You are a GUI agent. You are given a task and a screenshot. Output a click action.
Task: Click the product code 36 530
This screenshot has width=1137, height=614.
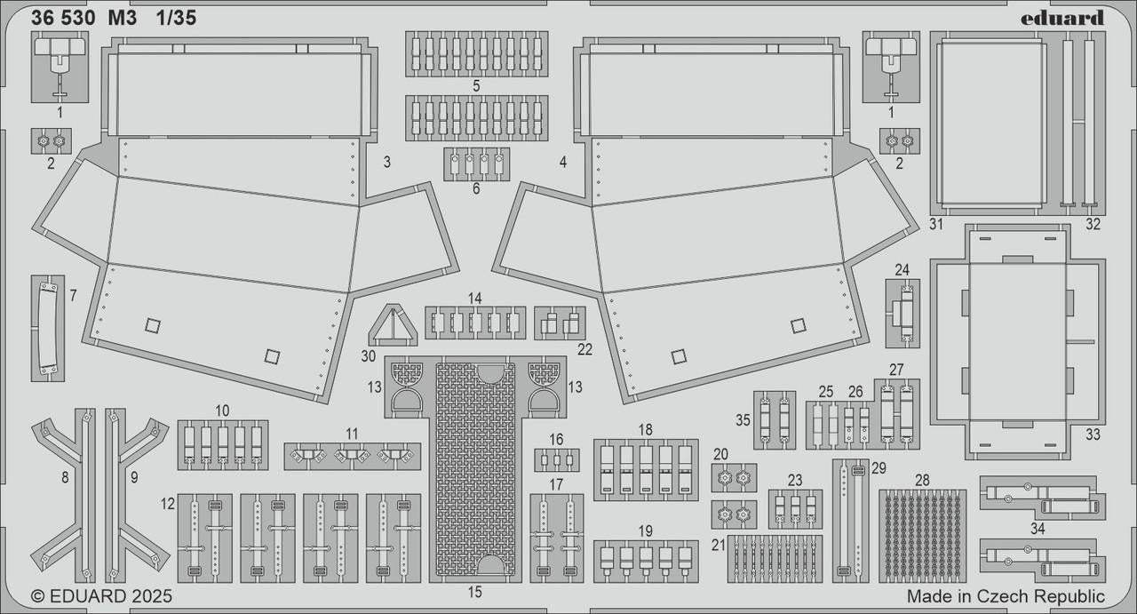pos(63,18)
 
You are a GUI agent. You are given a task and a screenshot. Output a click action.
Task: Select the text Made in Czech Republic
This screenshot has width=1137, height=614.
pos(1006,596)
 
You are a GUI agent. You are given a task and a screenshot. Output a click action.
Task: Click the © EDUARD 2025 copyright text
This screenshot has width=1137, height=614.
pos(101,596)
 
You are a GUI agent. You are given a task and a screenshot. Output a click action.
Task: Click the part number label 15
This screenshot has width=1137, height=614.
pos(475,592)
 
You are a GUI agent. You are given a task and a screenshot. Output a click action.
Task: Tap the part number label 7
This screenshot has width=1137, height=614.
pos(73,294)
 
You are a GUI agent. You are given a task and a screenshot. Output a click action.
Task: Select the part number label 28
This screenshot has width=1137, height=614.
pos(922,480)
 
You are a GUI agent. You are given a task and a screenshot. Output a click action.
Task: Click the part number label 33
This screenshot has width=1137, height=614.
pos(1093,435)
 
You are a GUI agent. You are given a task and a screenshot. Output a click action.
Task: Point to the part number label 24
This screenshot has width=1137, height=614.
pos(902,269)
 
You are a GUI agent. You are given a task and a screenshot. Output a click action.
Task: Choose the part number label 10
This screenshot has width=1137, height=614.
pos(222,411)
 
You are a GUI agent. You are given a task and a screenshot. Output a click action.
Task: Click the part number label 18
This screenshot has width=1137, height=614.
pos(645,429)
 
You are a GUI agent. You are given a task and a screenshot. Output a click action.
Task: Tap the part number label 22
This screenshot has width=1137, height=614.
pos(584,349)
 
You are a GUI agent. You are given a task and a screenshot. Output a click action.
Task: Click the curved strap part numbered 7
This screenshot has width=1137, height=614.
pos(47,328)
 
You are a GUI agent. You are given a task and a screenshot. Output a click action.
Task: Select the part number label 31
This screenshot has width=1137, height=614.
pos(935,224)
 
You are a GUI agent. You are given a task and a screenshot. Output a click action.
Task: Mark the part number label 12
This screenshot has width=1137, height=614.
pos(168,504)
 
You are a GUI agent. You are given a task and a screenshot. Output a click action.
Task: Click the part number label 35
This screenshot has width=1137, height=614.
pos(743,419)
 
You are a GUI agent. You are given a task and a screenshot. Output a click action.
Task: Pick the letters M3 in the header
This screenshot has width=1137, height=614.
pos(123,18)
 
